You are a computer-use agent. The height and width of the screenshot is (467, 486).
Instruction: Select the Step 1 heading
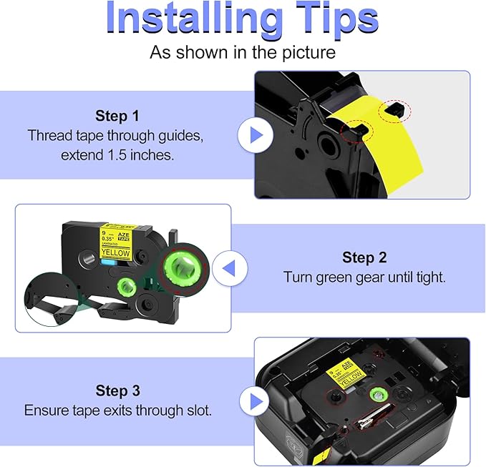[x=120, y=115]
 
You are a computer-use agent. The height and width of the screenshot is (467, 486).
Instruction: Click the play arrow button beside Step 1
[x=255, y=135]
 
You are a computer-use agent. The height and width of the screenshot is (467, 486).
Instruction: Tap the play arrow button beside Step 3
[x=255, y=400]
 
